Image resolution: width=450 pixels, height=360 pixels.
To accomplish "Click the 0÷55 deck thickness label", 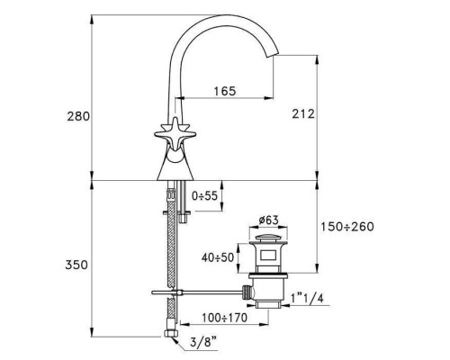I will pyautogui.click(x=205, y=195).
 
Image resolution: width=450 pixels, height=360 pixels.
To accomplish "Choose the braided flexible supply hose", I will pyautogui.click(x=167, y=252).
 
